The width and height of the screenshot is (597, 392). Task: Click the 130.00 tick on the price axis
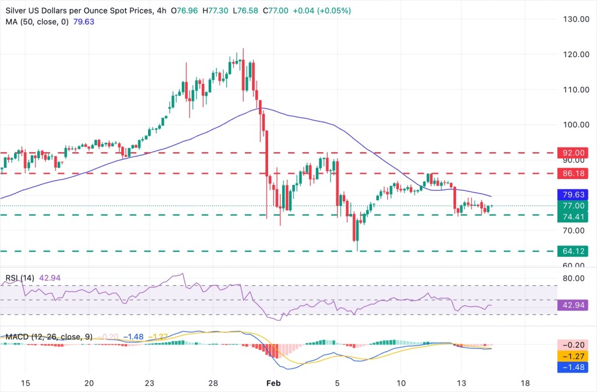[x=573, y=19]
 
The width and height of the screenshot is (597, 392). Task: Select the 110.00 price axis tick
[x=573, y=89]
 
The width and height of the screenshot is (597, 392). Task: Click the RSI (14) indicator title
[x=19, y=278]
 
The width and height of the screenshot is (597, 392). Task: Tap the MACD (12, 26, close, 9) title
[x=48, y=337]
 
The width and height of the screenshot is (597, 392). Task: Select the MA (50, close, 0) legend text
[x=36, y=22]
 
